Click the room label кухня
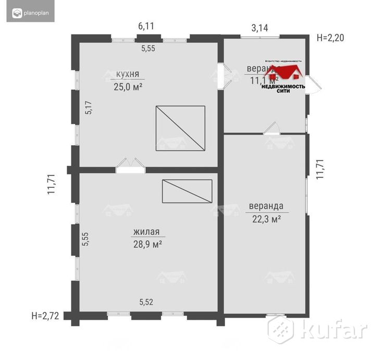[128, 74]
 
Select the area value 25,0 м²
[128, 87]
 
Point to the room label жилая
[146, 232]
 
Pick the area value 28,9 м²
[146, 244]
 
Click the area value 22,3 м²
[266, 219]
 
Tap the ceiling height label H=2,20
[330, 38]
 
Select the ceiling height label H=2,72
[44, 315]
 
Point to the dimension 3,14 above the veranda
[260, 28]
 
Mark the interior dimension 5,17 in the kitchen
[89, 107]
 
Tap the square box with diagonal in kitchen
[180, 128]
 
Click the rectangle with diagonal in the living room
[187, 191]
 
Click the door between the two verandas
[271, 128]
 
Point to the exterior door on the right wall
[313, 83]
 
